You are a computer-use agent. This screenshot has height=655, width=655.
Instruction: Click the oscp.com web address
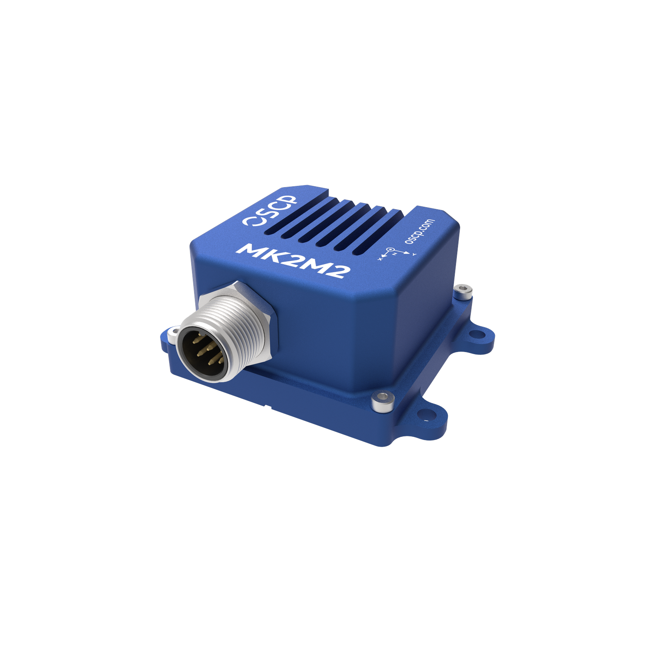pyautogui.click(x=419, y=231)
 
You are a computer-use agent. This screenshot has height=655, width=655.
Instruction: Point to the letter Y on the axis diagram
pyautogui.click(x=414, y=255)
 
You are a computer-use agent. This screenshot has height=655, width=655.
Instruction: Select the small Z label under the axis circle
pyautogui.click(x=395, y=254)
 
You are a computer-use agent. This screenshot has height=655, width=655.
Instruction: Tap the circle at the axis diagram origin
pyautogui.click(x=391, y=249)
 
